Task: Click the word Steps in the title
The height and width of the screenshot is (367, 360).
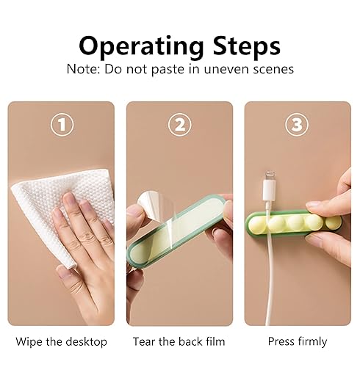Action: (x=246, y=46)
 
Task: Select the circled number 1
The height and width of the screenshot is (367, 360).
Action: (x=62, y=125)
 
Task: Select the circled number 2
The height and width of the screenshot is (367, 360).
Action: (x=180, y=125)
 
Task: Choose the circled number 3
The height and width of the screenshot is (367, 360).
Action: (x=297, y=125)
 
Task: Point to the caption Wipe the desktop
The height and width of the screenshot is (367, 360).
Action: (x=62, y=341)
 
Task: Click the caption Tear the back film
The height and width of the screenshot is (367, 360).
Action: (x=179, y=341)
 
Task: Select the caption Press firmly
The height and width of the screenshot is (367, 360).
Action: (x=298, y=341)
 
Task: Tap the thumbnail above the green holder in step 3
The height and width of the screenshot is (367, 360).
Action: (x=313, y=205)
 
